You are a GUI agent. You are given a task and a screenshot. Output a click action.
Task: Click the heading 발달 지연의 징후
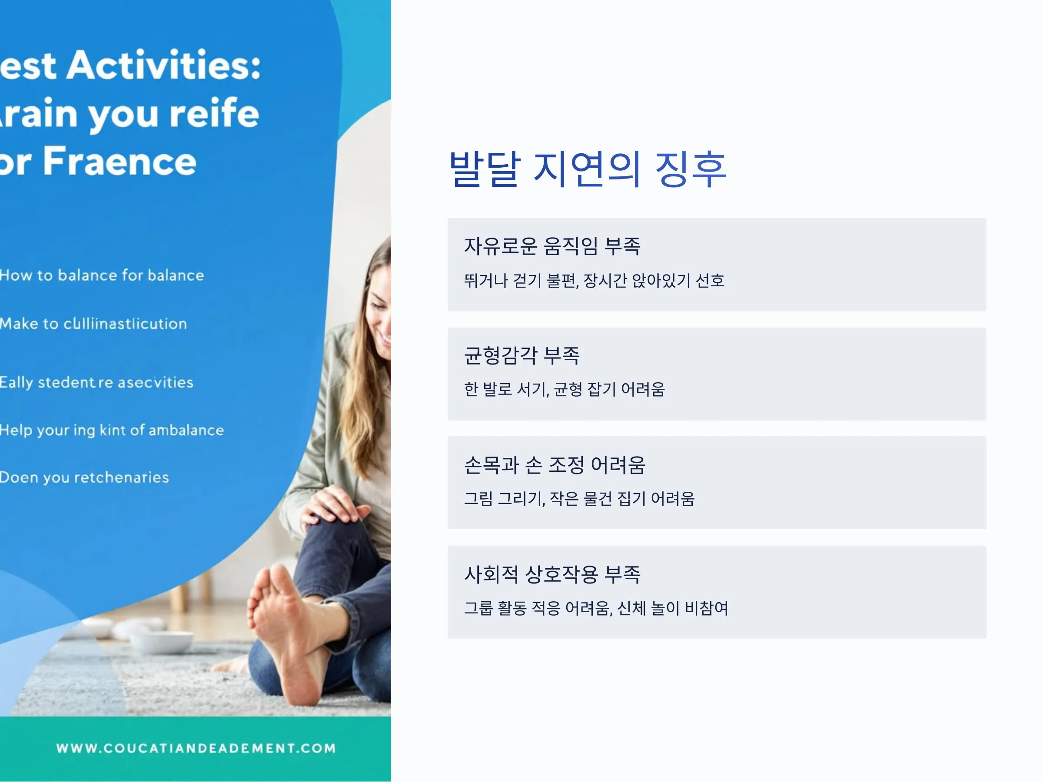pyautogui.click(x=588, y=169)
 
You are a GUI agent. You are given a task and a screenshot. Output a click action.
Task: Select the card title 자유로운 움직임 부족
pyautogui.click(x=552, y=246)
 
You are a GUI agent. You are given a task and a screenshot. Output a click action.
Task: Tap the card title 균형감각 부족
pyautogui.click(x=522, y=355)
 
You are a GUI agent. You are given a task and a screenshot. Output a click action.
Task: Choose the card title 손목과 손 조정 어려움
pyautogui.click(x=555, y=465)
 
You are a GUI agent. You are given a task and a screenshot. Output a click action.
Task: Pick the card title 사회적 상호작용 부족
pyautogui.click(x=552, y=574)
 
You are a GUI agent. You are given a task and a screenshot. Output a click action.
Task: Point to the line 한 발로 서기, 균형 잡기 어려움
pyautogui.click(x=565, y=389)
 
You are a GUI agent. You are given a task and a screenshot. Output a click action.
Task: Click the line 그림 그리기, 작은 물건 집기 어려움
pyautogui.click(x=579, y=499)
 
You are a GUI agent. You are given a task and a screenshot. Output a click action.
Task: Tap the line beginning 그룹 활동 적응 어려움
pyautogui.click(x=596, y=608)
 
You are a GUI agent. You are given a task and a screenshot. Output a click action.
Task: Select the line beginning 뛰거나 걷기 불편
pyautogui.click(x=594, y=281)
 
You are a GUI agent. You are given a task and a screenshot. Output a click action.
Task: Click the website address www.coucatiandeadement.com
pyautogui.click(x=196, y=748)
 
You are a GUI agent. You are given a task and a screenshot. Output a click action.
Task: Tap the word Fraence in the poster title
pyautogui.click(x=120, y=161)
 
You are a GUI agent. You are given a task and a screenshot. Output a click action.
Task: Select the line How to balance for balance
pyautogui.click(x=102, y=275)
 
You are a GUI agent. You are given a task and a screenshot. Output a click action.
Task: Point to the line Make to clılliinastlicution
pyautogui.click(x=93, y=323)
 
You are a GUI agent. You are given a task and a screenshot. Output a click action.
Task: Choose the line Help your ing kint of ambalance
pyautogui.click(x=112, y=430)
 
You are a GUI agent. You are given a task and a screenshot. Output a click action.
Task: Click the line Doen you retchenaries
pyautogui.click(x=84, y=477)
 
